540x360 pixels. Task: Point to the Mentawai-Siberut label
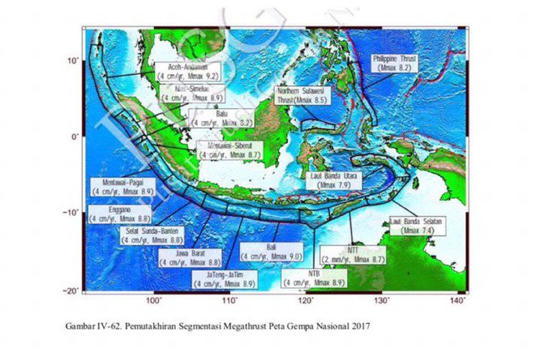tap(229, 149)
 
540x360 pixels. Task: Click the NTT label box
tap(353, 254)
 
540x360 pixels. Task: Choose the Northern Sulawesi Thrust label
tap(302, 96)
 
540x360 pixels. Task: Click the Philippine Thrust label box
tap(400, 63)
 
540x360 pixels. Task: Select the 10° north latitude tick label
tap(73, 60)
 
